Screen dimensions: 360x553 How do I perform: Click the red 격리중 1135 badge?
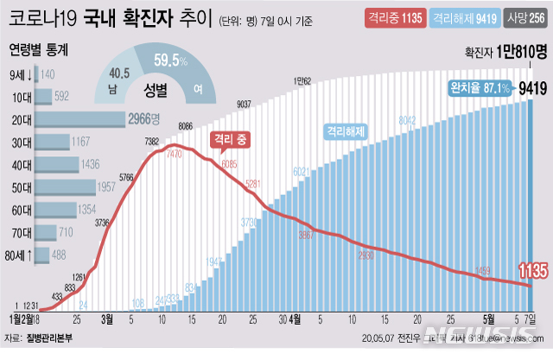click(391, 17)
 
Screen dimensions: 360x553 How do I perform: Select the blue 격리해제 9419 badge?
click(460, 17)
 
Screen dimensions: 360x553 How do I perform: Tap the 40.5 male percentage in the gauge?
click(120, 74)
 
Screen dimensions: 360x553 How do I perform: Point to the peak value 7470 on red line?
click(173, 153)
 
